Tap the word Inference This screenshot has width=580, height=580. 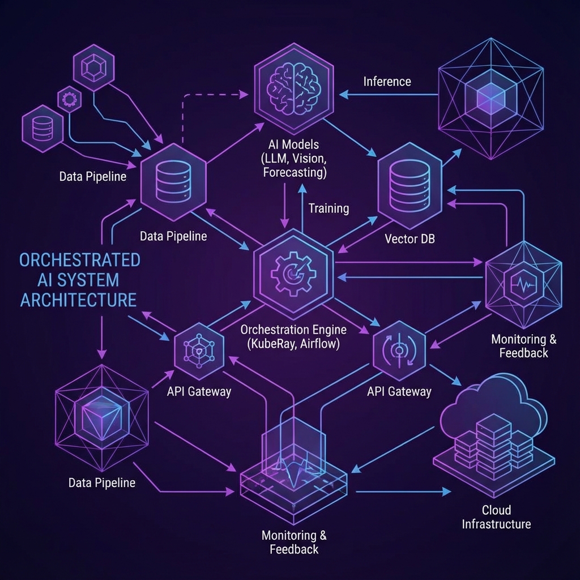[x=387, y=82]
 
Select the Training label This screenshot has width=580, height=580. [x=329, y=208]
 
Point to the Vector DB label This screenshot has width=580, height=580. [x=410, y=238]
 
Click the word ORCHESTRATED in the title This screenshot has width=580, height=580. [x=79, y=261]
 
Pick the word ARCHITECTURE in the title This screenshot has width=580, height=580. [x=79, y=299]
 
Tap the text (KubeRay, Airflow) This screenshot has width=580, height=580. [x=294, y=343]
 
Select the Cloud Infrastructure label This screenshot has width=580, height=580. [x=496, y=517]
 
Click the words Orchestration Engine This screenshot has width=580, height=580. [x=293, y=329]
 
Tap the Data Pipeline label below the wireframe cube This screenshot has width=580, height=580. [x=102, y=483]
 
